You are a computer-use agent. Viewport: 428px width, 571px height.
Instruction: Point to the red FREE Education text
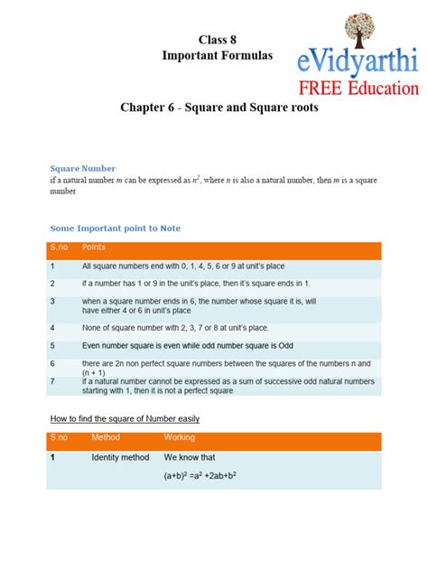tap(358, 89)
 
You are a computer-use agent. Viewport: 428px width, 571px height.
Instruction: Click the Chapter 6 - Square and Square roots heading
tap(219, 108)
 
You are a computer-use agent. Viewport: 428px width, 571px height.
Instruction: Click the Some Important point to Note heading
tap(115, 229)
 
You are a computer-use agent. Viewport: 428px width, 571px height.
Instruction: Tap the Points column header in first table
tap(94, 247)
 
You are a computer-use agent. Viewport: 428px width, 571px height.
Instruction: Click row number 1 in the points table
tap(53, 267)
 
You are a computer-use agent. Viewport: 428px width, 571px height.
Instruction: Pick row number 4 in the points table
tap(53, 327)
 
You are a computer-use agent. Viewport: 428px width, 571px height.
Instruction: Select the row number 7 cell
tap(53, 382)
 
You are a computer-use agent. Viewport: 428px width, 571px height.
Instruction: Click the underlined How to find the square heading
tap(125, 419)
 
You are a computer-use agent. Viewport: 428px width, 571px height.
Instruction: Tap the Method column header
tap(106, 438)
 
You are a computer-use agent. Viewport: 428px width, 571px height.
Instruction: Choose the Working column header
tap(179, 438)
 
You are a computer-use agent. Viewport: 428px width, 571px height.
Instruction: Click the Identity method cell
tap(120, 458)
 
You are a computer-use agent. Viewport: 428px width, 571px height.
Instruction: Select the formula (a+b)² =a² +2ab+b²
tap(206, 475)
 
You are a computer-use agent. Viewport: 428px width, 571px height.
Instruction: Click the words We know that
tap(190, 458)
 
